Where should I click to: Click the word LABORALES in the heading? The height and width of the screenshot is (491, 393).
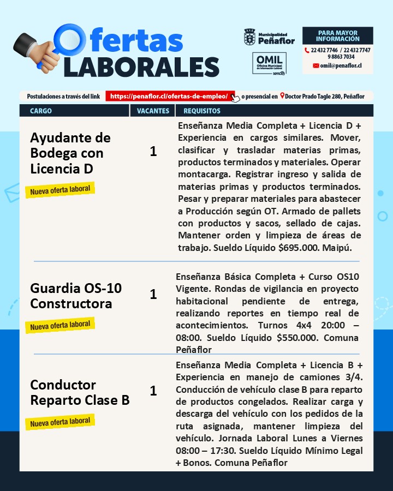[141, 66]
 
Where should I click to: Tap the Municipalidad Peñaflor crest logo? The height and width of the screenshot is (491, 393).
[249, 38]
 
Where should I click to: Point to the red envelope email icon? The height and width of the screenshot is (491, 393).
[316, 65]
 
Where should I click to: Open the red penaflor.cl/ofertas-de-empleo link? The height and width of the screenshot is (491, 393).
[169, 97]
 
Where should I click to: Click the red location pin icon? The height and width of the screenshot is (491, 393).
[282, 97]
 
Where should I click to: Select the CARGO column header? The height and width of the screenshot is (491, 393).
[41, 111]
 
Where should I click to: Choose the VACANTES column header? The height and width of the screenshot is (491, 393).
[153, 111]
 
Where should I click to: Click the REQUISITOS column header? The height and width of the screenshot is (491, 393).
[202, 111]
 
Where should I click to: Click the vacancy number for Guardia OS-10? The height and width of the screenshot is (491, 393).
[153, 295]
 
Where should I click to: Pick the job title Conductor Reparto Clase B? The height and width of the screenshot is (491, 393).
[80, 392]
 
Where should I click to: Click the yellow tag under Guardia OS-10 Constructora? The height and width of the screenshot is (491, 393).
[60, 326]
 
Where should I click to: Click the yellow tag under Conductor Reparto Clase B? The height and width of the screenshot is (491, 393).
[60, 422]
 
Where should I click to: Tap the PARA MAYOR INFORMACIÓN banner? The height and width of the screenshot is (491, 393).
[337, 37]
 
